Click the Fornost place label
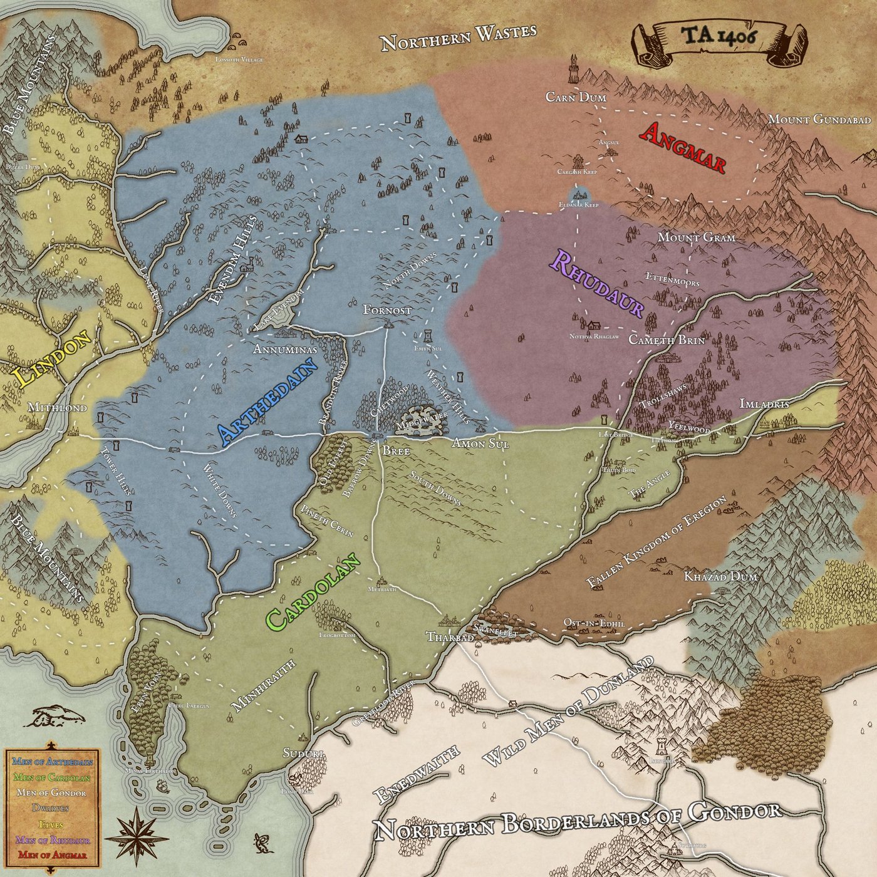(x=387, y=310)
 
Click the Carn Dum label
(x=576, y=97)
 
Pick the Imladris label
(x=764, y=404)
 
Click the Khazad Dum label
(x=720, y=576)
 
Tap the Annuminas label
(x=285, y=350)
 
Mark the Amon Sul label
(x=480, y=444)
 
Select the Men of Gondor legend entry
(x=51, y=792)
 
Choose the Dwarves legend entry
(x=51, y=808)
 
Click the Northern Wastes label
(x=459, y=37)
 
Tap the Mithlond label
(x=57, y=408)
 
